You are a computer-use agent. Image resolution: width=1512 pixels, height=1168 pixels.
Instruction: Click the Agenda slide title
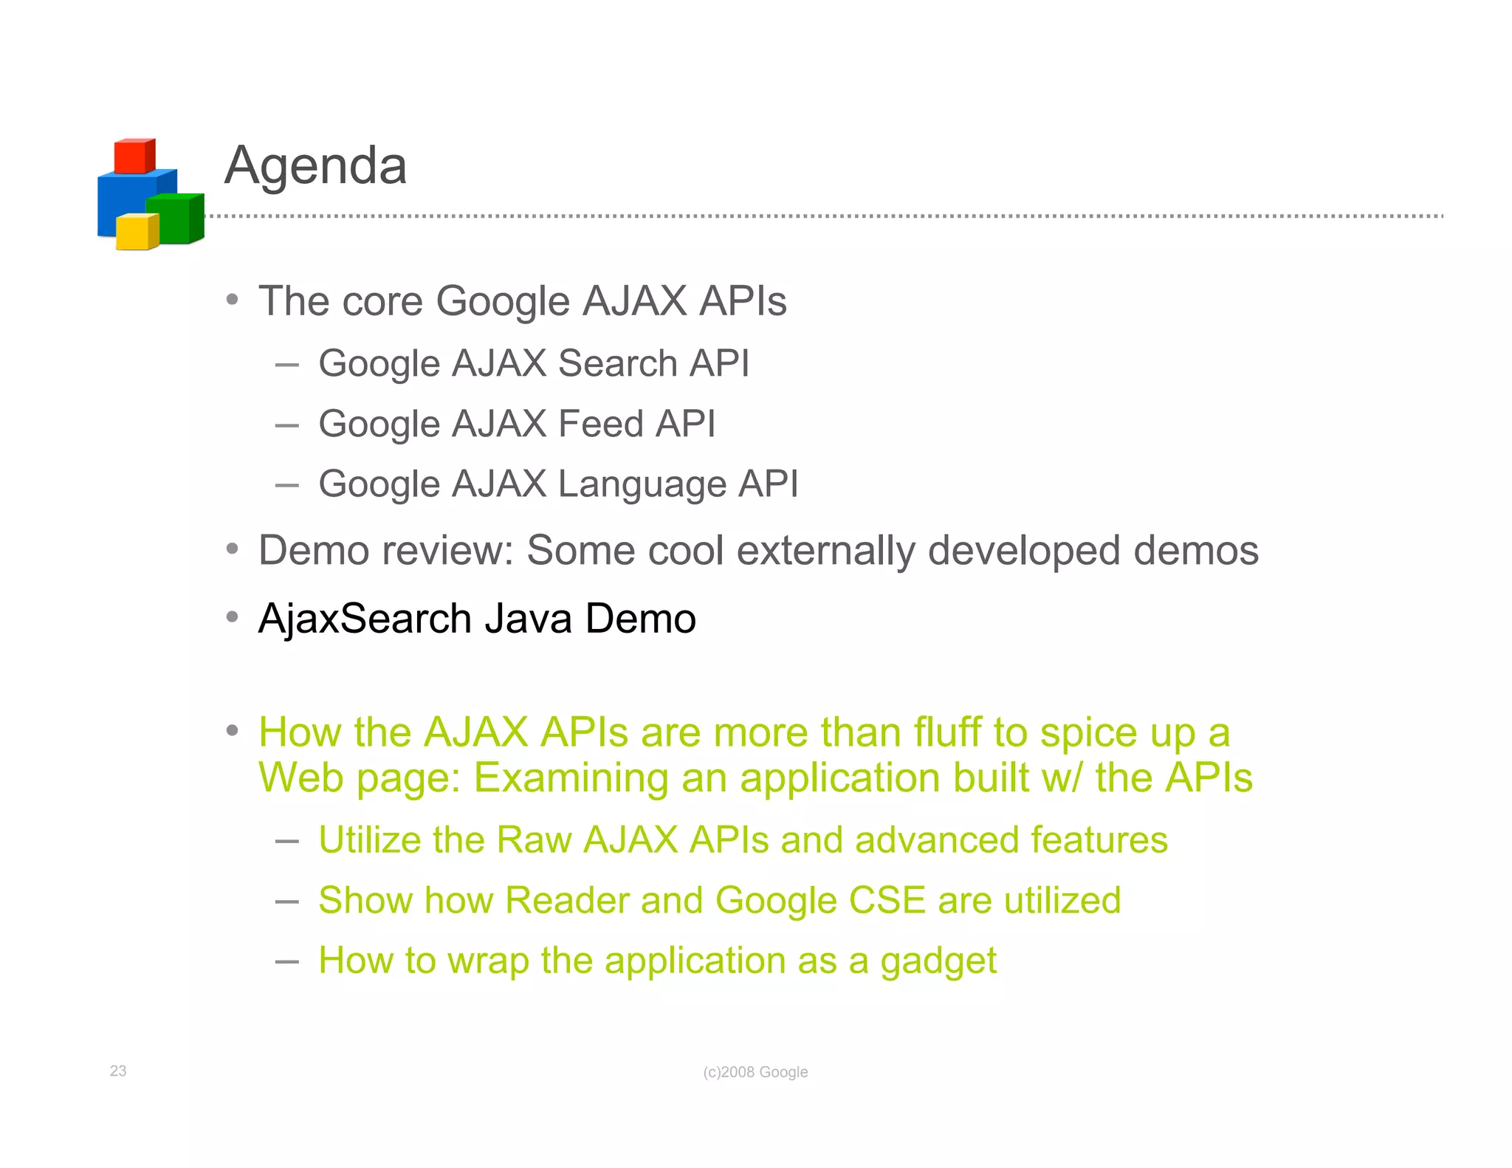[315, 165]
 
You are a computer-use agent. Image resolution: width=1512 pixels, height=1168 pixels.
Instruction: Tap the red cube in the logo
[134, 156]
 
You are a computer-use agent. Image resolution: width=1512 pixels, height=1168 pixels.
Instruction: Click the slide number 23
[118, 1071]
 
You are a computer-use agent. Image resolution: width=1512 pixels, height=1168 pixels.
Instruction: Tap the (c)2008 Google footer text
[755, 1072]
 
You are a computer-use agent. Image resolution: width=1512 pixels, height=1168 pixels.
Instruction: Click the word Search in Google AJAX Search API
[617, 363]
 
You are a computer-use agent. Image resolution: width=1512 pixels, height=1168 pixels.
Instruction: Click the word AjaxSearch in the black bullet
[365, 619]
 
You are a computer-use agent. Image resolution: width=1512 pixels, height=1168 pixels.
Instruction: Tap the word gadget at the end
[938, 961]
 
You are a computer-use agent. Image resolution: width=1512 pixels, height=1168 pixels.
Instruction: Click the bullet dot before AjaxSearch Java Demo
[233, 616]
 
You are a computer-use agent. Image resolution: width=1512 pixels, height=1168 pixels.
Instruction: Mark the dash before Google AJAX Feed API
[286, 425]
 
